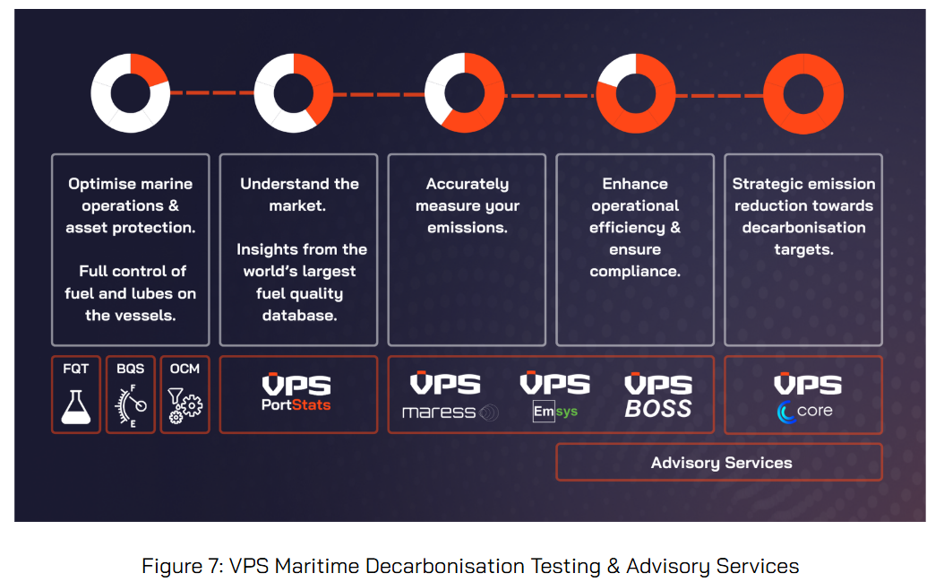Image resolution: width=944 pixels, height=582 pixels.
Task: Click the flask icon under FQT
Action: [76, 404]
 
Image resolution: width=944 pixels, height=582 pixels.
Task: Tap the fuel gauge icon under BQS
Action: [131, 405]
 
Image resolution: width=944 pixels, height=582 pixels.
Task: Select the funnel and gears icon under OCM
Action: [185, 405]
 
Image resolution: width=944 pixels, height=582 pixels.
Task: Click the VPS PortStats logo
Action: [296, 394]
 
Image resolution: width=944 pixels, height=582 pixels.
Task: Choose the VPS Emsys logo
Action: [555, 396]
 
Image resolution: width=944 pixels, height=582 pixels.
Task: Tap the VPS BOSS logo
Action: [658, 396]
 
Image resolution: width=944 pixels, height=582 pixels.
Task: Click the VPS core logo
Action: [805, 396]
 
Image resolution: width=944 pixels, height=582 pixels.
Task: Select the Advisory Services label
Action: [721, 463]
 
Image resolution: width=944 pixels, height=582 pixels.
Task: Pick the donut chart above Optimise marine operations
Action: [131, 92]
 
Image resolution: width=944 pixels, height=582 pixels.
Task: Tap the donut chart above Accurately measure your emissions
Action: [464, 92]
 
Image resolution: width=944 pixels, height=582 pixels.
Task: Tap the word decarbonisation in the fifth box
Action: [803, 228]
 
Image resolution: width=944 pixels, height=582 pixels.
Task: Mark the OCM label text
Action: [185, 369]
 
